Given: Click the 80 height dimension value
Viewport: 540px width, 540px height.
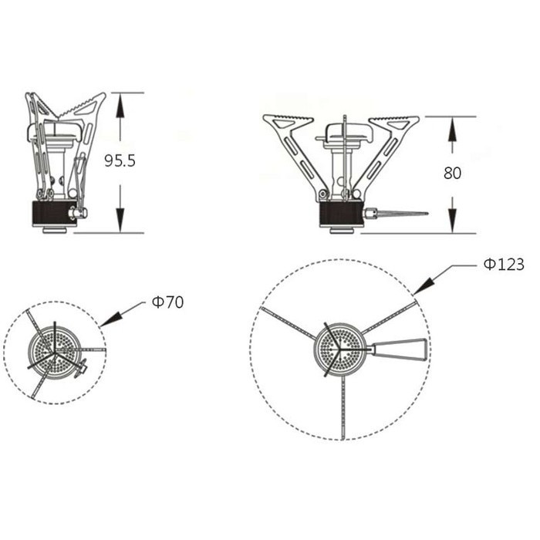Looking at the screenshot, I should pyautogui.click(x=453, y=173).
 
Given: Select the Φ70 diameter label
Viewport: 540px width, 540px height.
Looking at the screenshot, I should pyautogui.click(x=167, y=302).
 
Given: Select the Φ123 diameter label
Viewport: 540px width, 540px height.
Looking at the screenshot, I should pyautogui.click(x=504, y=265).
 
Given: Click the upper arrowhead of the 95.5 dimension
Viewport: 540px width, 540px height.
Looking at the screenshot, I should pyautogui.click(x=120, y=105).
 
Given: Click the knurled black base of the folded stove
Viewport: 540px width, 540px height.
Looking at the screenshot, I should pyautogui.click(x=52, y=212).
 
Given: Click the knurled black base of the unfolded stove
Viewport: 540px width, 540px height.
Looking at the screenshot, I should pyautogui.click(x=340, y=214).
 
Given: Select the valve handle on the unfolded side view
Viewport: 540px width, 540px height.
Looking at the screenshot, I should pyautogui.click(x=399, y=214).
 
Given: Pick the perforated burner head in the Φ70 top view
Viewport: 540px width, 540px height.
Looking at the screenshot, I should pyautogui.click(x=54, y=351).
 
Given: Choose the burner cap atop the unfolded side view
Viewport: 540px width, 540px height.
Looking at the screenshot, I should pyautogui.click(x=346, y=133).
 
